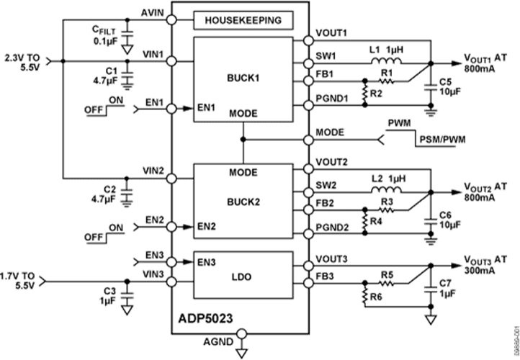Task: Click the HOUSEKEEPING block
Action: (x=243, y=19)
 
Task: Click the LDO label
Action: (x=243, y=276)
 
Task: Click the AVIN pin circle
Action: (x=171, y=19)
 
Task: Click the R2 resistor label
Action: (x=375, y=94)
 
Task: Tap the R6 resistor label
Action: (x=375, y=294)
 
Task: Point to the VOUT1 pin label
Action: (x=331, y=34)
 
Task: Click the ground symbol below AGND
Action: (x=242, y=353)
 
